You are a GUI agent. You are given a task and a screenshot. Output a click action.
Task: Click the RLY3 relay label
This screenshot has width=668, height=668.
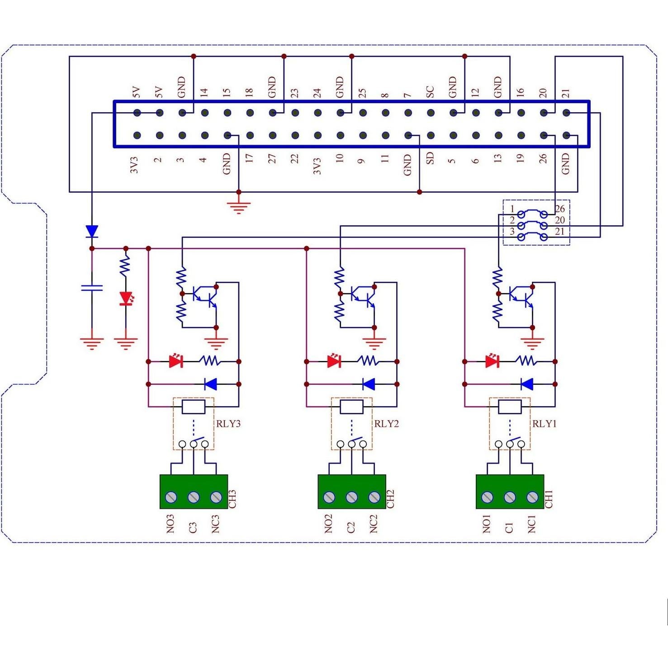(x=228, y=424)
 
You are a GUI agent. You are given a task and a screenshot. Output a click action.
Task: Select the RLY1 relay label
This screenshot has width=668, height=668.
(x=544, y=424)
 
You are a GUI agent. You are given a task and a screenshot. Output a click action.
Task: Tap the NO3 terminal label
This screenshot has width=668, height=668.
(x=171, y=524)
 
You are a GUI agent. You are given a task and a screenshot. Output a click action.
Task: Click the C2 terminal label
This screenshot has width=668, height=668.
(x=351, y=527)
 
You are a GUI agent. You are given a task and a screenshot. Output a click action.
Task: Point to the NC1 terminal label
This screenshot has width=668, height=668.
(x=532, y=524)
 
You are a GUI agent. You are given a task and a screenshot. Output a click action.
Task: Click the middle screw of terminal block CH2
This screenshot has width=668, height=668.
(x=351, y=497)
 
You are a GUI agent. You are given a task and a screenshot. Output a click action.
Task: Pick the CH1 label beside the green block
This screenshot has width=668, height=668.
(x=549, y=499)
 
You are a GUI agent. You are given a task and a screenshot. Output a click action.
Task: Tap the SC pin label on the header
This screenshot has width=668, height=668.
(x=430, y=92)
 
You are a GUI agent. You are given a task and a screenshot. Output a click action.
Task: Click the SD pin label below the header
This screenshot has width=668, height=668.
(x=430, y=158)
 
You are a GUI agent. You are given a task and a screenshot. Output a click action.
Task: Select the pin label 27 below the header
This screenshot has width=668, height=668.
(x=272, y=158)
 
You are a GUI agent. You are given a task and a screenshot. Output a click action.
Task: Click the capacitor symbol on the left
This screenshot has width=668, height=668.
(x=92, y=288)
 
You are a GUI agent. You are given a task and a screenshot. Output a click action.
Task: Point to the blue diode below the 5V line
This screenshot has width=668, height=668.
(x=92, y=232)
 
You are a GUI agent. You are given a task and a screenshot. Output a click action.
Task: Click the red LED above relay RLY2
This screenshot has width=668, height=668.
(x=334, y=361)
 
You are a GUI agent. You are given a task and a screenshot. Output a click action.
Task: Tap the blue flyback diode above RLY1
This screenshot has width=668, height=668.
(x=526, y=384)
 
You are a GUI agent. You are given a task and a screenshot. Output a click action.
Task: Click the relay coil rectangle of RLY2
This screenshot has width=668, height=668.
(x=351, y=407)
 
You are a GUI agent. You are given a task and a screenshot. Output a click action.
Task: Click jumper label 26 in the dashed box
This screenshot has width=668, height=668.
(x=560, y=209)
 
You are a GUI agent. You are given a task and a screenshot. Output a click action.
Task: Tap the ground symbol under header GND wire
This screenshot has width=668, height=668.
(x=239, y=207)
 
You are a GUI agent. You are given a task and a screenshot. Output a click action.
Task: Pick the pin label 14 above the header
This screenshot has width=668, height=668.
(x=204, y=93)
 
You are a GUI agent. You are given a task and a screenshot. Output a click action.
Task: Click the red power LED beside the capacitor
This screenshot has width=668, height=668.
(x=126, y=298)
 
